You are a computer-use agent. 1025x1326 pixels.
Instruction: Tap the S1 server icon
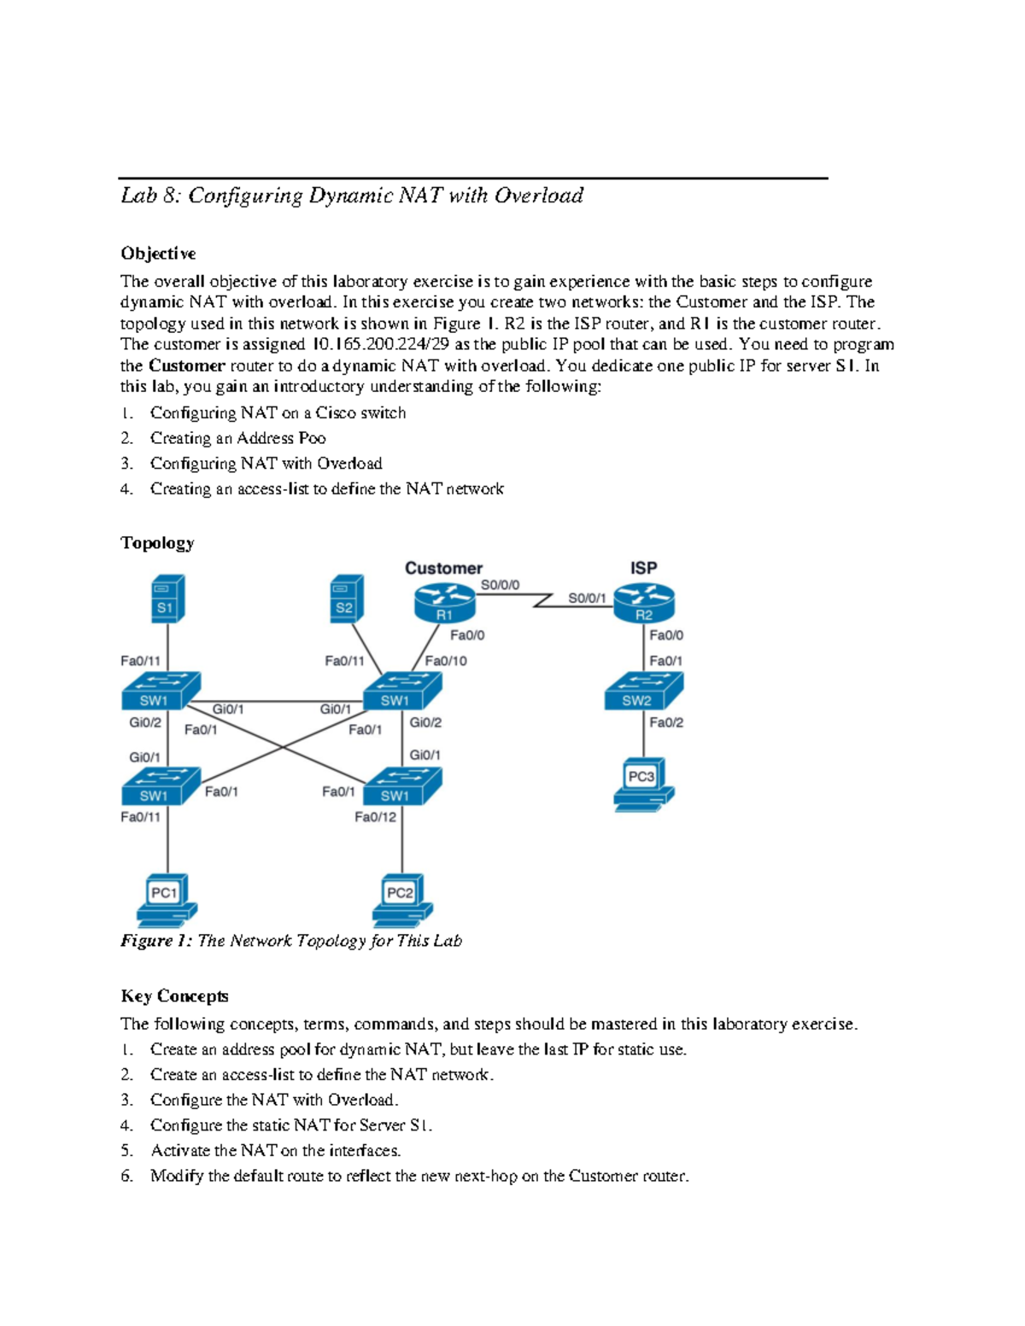[x=167, y=599]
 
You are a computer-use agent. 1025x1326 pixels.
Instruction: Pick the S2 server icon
[x=346, y=599]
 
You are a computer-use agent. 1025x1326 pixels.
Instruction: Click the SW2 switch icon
[x=643, y=692]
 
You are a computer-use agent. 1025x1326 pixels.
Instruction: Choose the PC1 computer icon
[x=167, y=900]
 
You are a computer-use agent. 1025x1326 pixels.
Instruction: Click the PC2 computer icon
[x=402, y=900]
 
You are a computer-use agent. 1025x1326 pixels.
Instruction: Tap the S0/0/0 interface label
[x=500, y=585]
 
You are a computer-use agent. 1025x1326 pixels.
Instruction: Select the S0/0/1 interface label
[x=588, y=598]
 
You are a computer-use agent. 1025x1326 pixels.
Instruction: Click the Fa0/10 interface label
[x=446, y=660]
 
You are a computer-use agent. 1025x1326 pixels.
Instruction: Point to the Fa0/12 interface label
[x=376, y=817]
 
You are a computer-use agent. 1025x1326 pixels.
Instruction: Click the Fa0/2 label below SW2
[x=666, y=722]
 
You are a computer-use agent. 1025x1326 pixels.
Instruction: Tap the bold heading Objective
[x=158, y=254]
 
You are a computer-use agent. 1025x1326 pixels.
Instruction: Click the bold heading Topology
[x=157, y=543]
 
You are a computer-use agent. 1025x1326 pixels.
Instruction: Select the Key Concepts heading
[x=174, y=996]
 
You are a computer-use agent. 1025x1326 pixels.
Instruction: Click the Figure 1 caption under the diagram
[x=290, y=940]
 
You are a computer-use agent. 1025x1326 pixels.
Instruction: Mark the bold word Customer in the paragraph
[x=186, y=365]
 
